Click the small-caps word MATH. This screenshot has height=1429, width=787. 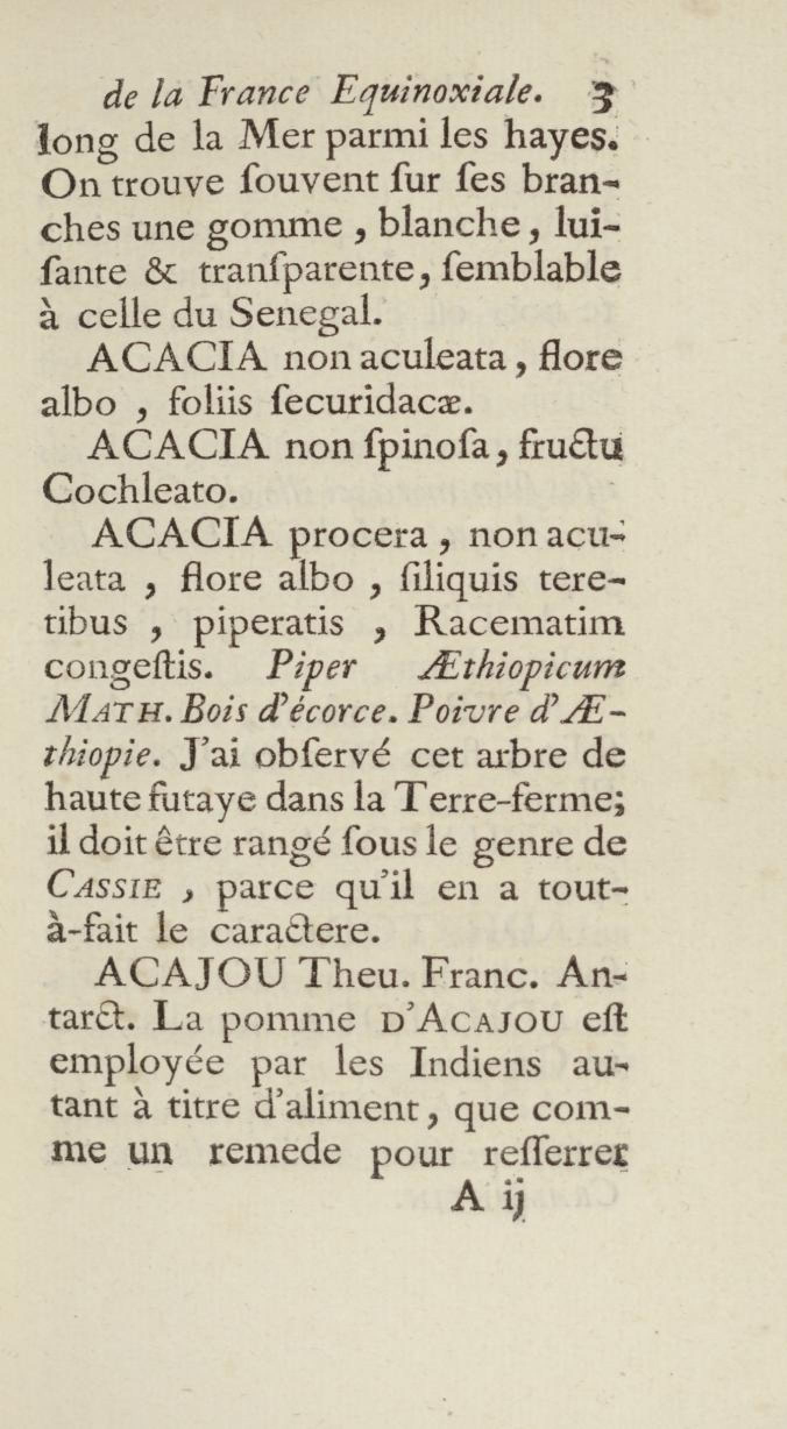coord(109,712)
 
